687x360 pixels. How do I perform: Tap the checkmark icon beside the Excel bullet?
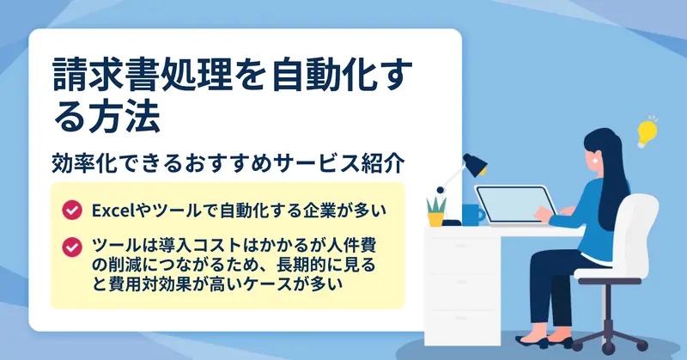72,210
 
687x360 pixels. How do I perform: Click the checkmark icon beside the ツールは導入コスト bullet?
72,247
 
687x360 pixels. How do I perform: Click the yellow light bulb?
647,131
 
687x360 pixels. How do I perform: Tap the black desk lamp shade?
475,164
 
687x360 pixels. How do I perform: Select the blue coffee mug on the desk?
473,215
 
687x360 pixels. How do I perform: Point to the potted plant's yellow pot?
436,220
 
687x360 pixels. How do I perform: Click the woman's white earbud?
595,161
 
